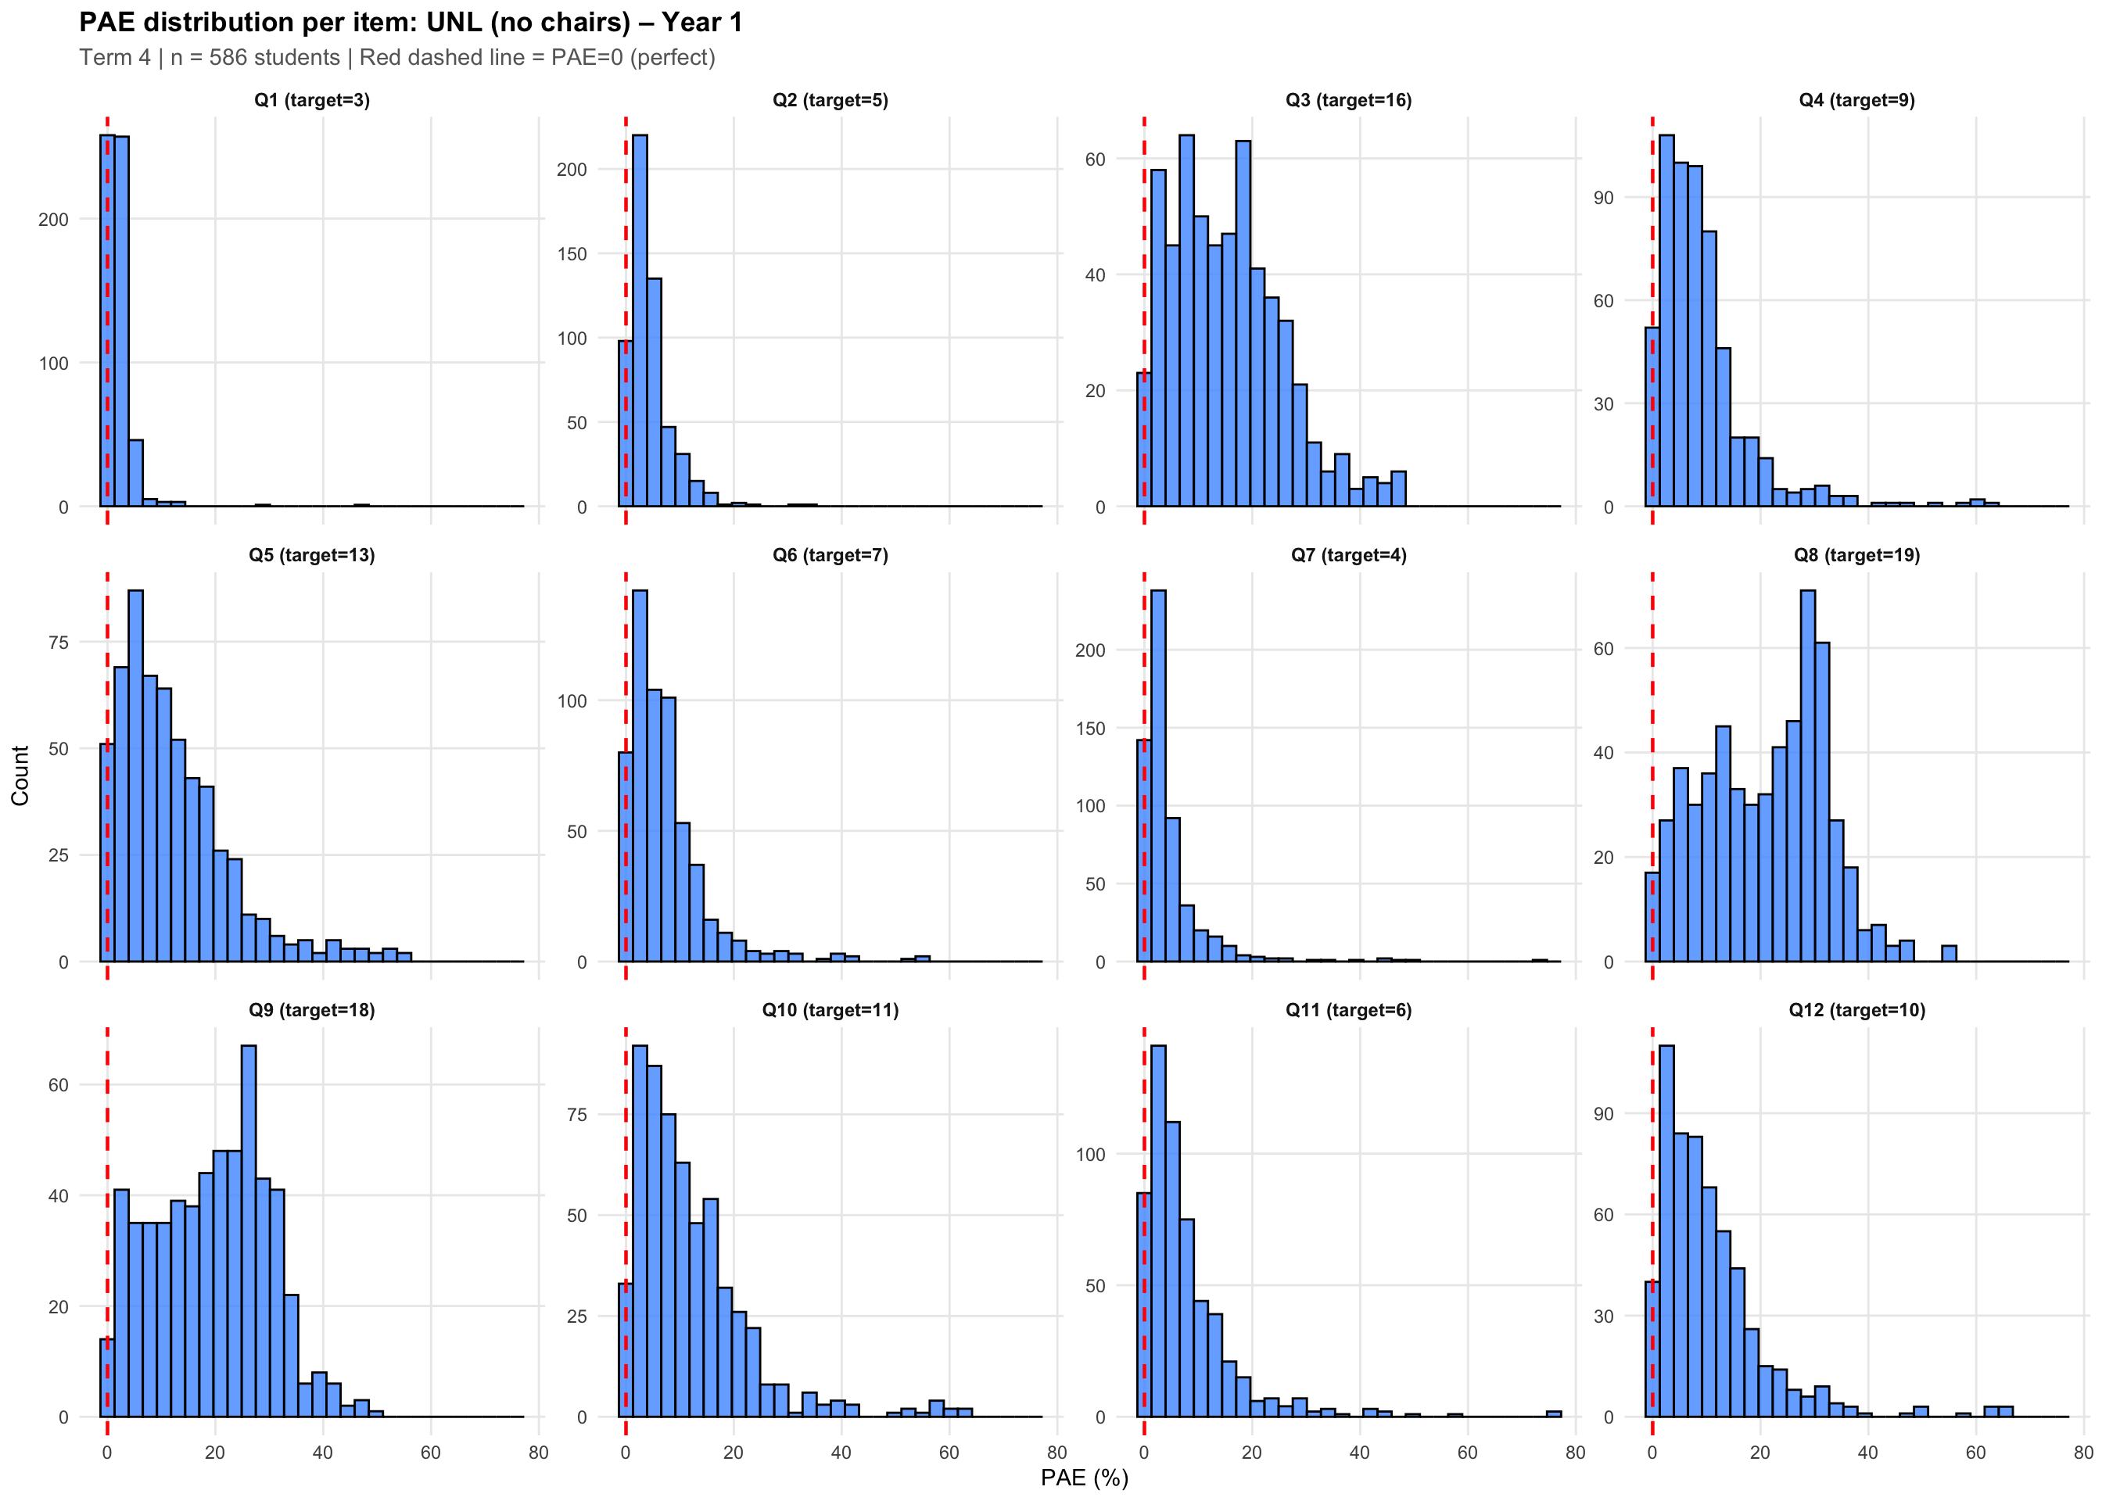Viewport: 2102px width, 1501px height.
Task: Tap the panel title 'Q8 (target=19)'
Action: pyautogui.click(x=1856, y=554)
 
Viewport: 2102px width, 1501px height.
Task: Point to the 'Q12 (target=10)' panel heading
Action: pyautogui.click(x=1856, y=1009)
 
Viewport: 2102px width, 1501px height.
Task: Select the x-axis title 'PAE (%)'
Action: pyautogui.click(x=1085, y=1477)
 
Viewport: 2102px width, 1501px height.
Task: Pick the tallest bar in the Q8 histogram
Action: pyautogui.click(x=1808, y=776)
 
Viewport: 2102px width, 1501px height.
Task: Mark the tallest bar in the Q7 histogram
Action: pyautogui.click(x=1158, y=776)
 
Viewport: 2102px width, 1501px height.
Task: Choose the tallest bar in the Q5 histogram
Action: pyautogui.click(x=136, y=776)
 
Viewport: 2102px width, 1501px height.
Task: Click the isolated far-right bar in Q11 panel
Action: pyautogui.click(x=1554, y=1414)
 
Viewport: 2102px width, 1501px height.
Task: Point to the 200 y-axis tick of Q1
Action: pyautogui.click(x=54, y=219)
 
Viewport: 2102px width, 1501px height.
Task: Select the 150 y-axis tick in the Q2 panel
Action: pyautogui.click(x=572, y=253)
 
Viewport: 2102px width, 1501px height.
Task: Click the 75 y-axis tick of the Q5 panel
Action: pyautogui.click(x=58, y=643)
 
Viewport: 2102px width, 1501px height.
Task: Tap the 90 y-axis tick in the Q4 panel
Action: pyautogui.click(x=1603, y=198)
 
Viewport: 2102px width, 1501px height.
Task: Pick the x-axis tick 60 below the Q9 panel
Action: pyautogui.click(x=431, y=1452)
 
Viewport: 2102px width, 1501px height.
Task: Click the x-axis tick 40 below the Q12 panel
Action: pyautogui.click(x=1868, y=1452)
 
